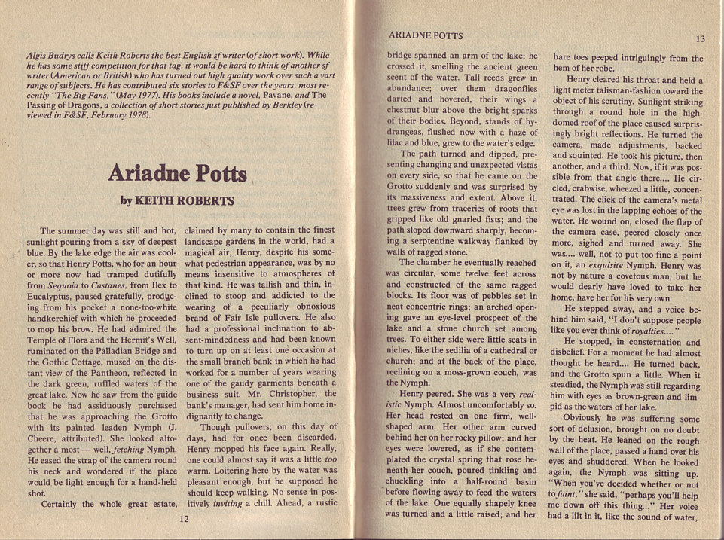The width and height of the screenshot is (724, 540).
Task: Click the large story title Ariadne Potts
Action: (x=178, y=172)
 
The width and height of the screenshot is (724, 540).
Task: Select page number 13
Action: (x=700, y=39)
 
